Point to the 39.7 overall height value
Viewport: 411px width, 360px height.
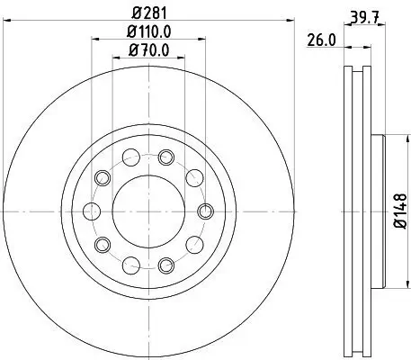click(360, 15)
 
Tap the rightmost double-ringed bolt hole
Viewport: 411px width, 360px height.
click(204, 211)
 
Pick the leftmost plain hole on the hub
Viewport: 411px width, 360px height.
click(93, 211)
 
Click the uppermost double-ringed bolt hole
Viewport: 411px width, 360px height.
click(165, 157)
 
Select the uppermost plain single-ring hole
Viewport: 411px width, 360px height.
click(131, 157)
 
